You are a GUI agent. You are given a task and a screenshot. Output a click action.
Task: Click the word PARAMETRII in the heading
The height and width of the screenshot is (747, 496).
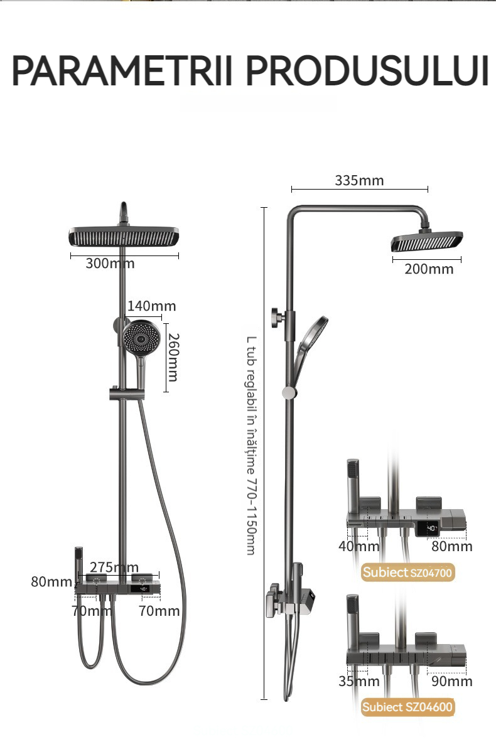pos(122,71)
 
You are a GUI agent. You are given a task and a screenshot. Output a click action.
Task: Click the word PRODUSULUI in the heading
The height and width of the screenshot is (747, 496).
pos(367,71)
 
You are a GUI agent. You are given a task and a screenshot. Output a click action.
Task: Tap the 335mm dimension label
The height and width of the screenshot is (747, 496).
pos(359,181)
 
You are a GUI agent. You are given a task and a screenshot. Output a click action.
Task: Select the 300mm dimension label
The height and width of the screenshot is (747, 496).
pos(110,264)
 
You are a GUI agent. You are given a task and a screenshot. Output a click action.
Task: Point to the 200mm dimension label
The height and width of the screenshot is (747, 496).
pos(429,269)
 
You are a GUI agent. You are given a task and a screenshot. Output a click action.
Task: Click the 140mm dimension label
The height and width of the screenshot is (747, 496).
pos(151,306)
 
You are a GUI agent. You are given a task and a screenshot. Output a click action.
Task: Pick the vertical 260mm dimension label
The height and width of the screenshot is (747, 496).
pos(173,357)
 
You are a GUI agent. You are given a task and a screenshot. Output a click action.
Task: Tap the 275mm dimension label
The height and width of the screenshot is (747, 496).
pos(114,567)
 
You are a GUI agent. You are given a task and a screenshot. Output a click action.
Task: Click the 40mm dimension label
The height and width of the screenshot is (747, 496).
pos(359,546)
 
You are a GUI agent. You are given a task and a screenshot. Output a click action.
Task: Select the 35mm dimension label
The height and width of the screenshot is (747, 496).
pos(359,681)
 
